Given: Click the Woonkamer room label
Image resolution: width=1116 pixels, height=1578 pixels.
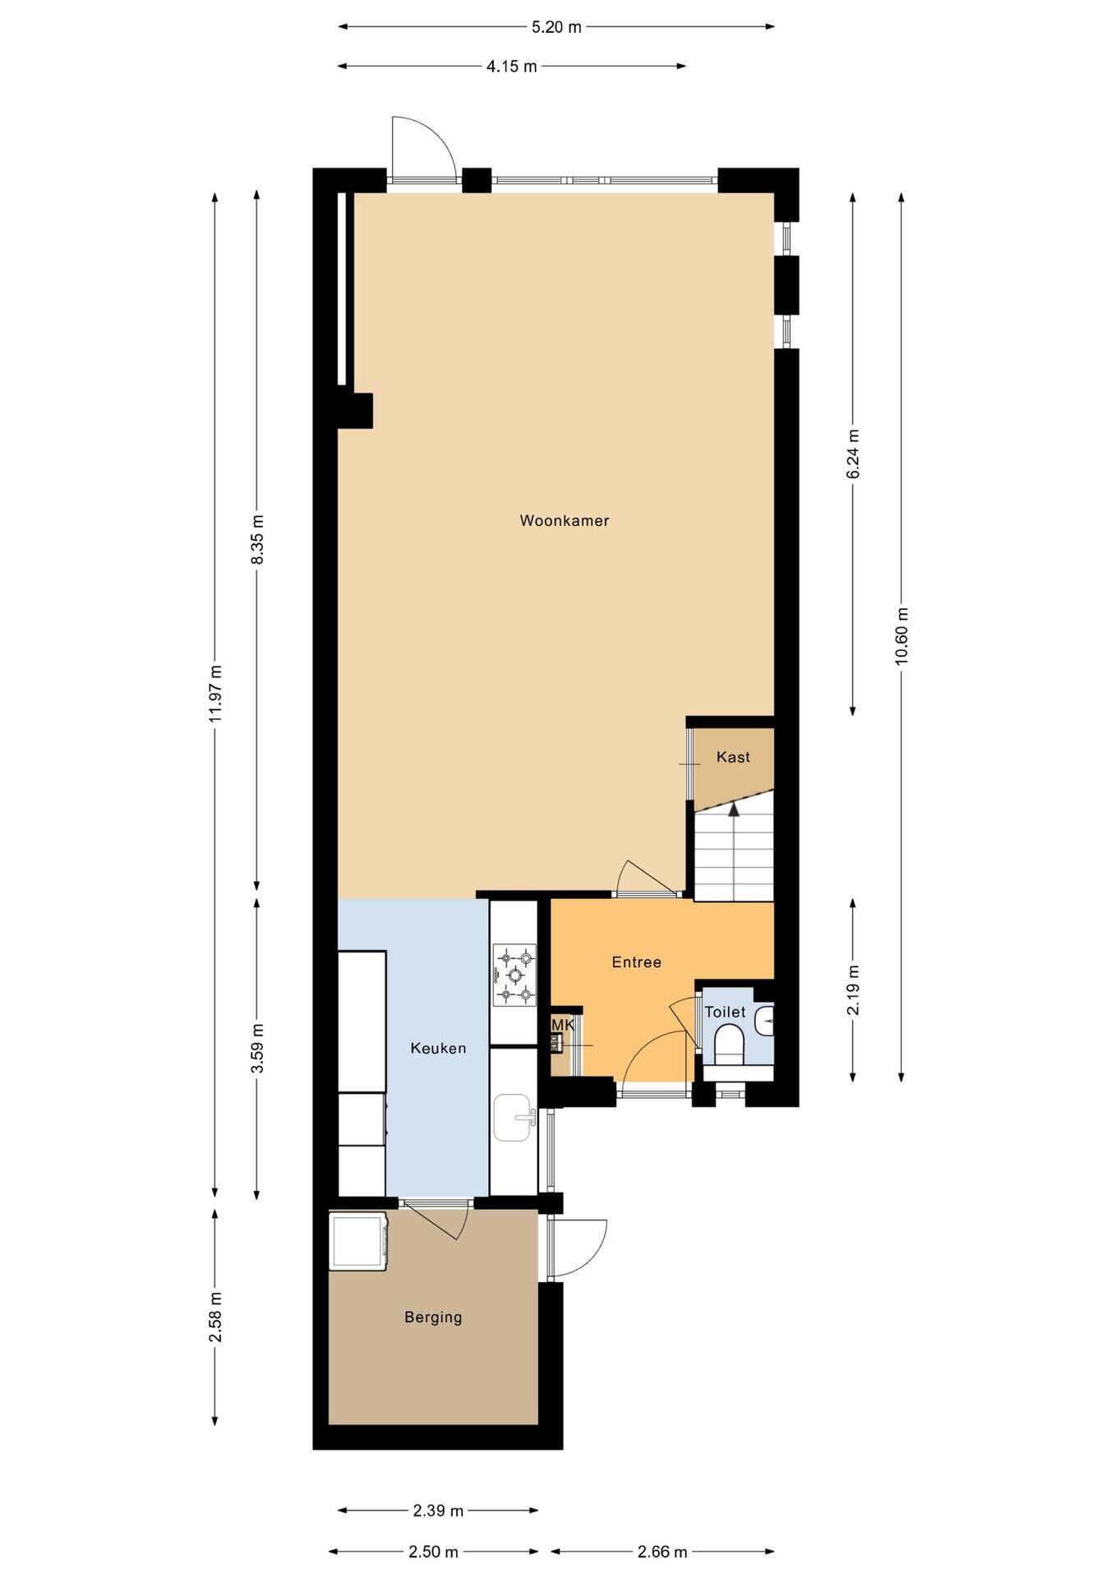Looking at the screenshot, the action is click(564, 520).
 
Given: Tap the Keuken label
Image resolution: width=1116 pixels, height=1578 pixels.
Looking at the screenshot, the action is click(438, 1048).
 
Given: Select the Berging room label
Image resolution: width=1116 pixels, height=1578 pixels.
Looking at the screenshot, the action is click(433, 1317).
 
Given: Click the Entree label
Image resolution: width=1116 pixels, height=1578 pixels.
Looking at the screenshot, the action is click(636, 962).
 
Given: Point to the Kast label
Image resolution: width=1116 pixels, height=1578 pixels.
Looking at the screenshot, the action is click(733, 757).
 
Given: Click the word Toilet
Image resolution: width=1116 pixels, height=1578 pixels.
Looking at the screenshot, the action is click(725, 1012).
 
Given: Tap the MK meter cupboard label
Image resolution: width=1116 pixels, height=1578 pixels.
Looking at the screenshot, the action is click(562, 1025).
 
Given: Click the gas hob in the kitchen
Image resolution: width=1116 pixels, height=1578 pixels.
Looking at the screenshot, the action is click(514, 975).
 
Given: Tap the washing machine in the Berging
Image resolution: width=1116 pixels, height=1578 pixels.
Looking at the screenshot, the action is click(358, 1241).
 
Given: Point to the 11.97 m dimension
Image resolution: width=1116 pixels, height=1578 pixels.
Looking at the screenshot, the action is click(215, 693).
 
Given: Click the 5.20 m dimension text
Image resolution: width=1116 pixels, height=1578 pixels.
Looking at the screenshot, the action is click(556, 27).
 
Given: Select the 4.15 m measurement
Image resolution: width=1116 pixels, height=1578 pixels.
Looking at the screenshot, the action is click(511, 67).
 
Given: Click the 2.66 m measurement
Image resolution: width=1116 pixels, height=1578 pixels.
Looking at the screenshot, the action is click(662, 1552).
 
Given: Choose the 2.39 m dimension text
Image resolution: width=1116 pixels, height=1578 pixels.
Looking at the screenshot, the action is click(438, 1510).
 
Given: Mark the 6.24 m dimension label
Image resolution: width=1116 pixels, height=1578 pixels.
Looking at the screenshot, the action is click(853, 454).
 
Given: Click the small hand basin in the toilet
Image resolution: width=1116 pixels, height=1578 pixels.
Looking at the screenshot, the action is click(765, 1021).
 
